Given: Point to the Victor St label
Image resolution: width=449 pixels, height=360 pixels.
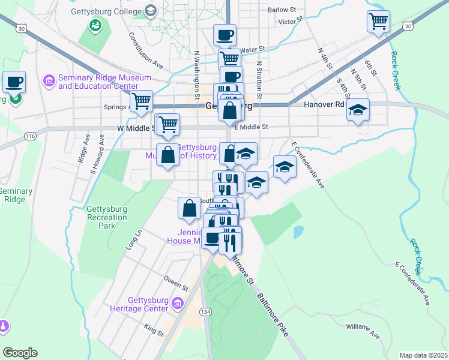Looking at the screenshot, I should click(x=288, y=22).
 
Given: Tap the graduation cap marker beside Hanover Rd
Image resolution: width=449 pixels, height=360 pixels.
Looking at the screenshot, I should click(x=358, y=110).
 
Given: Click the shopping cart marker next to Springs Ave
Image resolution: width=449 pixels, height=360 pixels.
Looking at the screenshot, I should click(x=142, y=101).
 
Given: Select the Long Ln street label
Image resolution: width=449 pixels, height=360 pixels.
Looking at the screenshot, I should click(x=133, y=239).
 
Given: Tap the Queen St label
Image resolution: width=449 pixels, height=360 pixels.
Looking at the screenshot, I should click(x=176, y=279).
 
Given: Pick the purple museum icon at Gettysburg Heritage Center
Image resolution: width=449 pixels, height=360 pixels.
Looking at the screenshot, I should click(x=176, y=304).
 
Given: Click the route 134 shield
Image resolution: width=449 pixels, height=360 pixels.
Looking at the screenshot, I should click(x=206, y=312).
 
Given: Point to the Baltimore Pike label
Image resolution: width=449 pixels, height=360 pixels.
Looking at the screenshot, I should click(x=274, y=313).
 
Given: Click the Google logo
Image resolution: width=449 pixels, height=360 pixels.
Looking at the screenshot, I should click(x=20, y=353).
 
